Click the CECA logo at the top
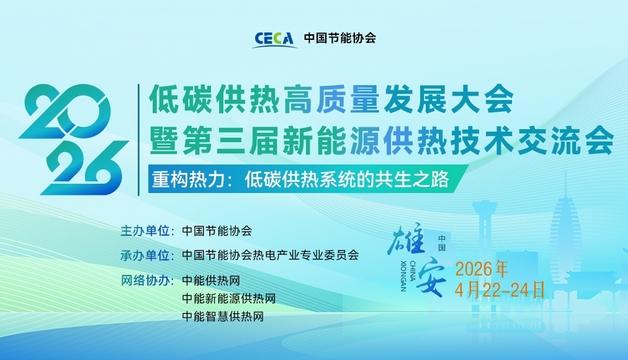tap(273, 39)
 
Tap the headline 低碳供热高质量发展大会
tap(330, 99)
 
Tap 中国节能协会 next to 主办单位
tap(217, 230)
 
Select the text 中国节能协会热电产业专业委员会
tap(270, 254)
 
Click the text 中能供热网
tap(211, 279)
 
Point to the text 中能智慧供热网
tap(223, 317)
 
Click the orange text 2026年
tap(482, 269)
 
